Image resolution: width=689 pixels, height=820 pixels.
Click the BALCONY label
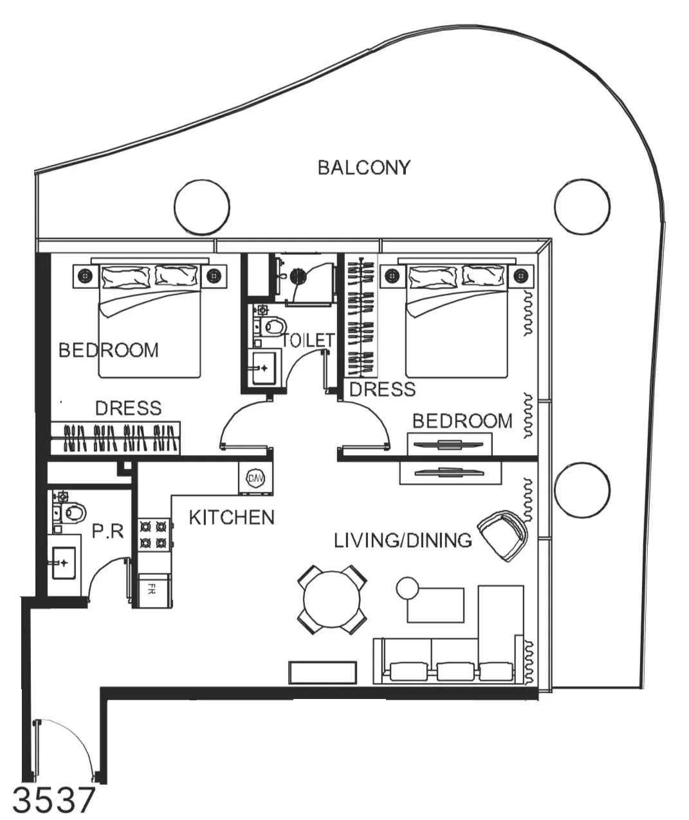pyautogui.click(x=364, y=167)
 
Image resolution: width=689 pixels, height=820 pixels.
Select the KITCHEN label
pyautogui.click(x=232, y=517)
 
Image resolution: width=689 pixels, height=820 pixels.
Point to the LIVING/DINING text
pyautogui.click(x=403, y=541)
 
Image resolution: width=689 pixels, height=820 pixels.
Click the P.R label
pyautogui.click(x=107, y=531)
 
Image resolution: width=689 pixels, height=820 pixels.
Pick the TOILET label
pyautogui.click(x=308, y=340)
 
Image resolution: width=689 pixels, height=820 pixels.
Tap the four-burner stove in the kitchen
pyautogui.click(x=154, y=534)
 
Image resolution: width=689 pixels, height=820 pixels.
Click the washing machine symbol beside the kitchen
pyautogui.click(x=255, y=478)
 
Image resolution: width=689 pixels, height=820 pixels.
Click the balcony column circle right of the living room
pyautogui.click(x=582, y=490)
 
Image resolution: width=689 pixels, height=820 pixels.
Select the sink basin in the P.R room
pyautogui.click(x=64, y=563)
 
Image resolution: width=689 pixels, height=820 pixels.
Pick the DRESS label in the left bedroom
pyautogui.click(x=129, y=408)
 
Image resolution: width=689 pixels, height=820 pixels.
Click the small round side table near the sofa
pyautogui.click(x=407, y=588)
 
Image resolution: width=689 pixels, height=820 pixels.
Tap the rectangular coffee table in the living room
pyautogui.click(x=436, y=605)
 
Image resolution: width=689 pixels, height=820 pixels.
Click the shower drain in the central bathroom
pyautogui.click(x=298, y=277)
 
